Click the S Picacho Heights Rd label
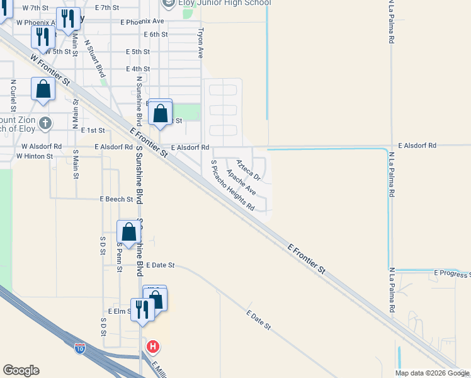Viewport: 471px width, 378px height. pyautogui.click(x=232, y=185)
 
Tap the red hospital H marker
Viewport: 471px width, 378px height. pyautogui.click(x=152, y=346)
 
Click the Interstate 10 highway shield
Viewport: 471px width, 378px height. pyautogui.click(x=79, y=347)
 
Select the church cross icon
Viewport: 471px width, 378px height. pyautogui.click(x=44, y=123)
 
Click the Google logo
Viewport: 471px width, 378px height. pyautogui.click(x=21, y=370)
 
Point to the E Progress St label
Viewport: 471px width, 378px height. pyautogui.click(x=451, y=273)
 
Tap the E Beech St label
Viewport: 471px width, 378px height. pyautogui.click(x=116, y=199)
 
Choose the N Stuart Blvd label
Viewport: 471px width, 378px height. pyautogui.click(x=95, y=59)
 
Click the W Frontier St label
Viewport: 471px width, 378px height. pyautogui.click(x=49, y=70)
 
